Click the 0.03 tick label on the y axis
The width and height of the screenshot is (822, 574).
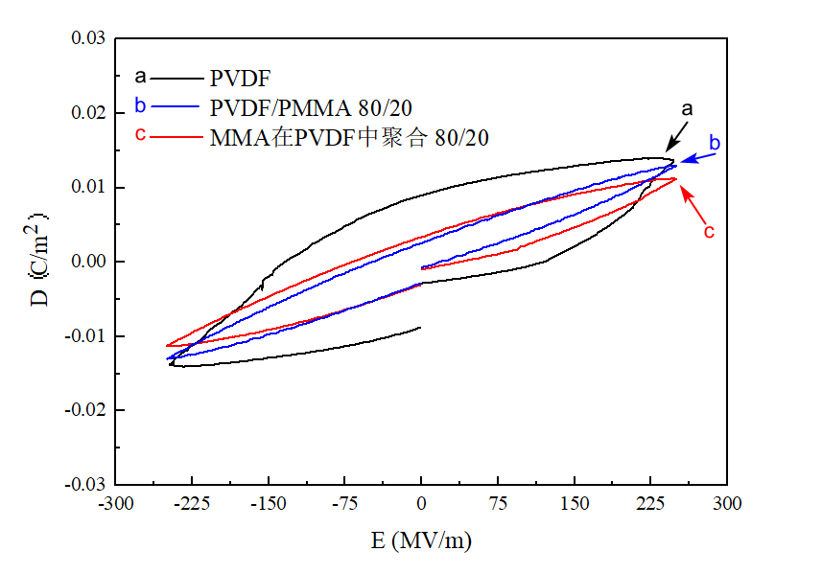pos(89,39)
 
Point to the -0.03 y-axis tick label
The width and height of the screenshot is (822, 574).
pos(87,484)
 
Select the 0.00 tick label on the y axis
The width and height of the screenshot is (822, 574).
pos(89,262)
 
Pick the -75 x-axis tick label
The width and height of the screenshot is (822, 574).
pos(344,504)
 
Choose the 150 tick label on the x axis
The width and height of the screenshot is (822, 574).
pos(574,504)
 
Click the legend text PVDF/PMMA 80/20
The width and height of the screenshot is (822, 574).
pos(317,106)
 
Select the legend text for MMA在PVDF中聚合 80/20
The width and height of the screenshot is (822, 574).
pos(350,138)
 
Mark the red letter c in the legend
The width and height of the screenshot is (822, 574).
pos(140,134)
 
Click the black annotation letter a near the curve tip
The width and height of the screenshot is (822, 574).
pos(687,109)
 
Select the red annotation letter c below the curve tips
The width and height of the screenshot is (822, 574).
pos(710,231)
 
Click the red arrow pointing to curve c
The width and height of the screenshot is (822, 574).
pos(693,203)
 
